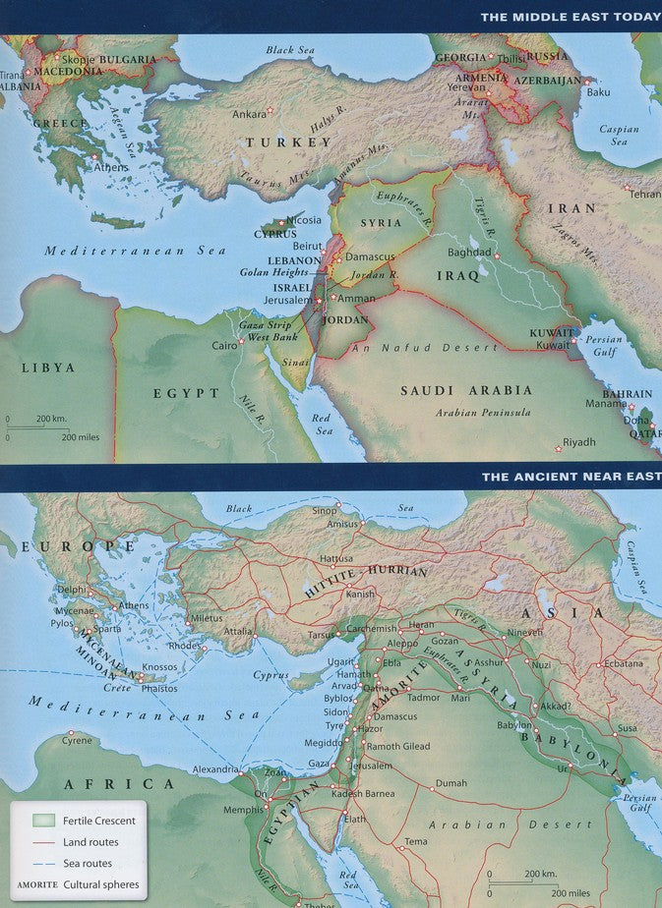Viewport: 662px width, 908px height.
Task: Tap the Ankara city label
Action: point(249,114)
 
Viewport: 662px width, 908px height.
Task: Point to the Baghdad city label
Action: point(468,253)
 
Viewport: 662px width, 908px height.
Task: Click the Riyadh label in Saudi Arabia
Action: point(578,442)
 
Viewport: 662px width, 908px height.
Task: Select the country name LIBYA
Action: point(48,368)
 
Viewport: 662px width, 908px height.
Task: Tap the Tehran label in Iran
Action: point(644,195)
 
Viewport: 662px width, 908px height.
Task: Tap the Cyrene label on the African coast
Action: point(76,741)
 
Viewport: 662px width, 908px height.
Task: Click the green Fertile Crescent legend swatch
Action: point(43,821)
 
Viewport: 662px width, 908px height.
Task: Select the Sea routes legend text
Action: point(87,864)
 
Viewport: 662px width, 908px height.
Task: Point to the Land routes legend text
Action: point(90,842)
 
